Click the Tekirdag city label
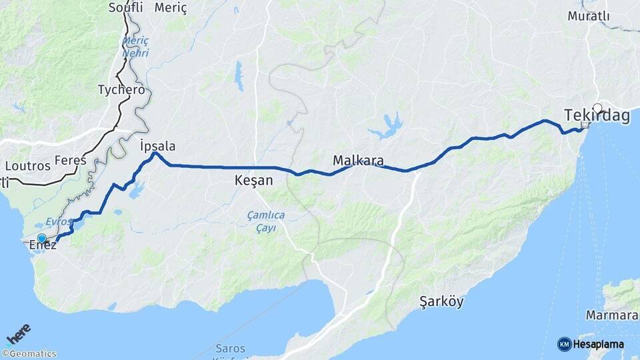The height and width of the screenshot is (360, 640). point(597,116)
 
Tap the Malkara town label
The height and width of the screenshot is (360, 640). point(358,161)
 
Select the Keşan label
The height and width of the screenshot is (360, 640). point(254,181)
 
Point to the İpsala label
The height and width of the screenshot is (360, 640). point(158,146)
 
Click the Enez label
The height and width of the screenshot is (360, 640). point(43,246)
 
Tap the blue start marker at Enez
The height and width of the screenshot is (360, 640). point(42,238)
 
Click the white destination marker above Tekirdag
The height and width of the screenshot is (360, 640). point(597,107)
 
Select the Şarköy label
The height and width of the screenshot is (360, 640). point(441,301)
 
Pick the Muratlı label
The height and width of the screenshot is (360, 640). point(587,15)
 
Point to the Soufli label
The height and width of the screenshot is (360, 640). point(125,8)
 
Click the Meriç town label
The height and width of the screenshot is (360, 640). point(171,8)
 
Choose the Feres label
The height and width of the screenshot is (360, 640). point(71,160)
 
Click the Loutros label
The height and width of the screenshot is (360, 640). point(27,165)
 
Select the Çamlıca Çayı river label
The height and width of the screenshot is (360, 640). point(266,221)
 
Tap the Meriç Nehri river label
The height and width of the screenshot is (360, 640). point(135,47)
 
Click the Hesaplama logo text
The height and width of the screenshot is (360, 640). point(599,344)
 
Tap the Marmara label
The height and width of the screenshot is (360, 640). point(611,315)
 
